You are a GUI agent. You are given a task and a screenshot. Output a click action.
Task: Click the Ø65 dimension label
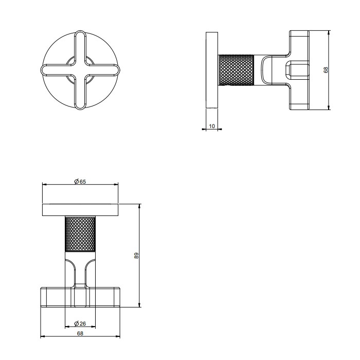[x=80, y=181]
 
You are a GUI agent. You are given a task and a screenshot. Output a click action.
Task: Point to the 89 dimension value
[x=137, y=256]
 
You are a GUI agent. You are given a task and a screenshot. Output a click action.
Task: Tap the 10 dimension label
[x=212, y=126]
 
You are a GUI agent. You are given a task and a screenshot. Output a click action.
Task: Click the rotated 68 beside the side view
[x=326, y=70]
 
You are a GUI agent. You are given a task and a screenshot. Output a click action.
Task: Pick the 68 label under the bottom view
[x=80, y=334]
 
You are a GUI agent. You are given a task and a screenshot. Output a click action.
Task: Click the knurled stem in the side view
[x=237, y=70]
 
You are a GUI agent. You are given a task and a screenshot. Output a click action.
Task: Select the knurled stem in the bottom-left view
[x=80, y=234]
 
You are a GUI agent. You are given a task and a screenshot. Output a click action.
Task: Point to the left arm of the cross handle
[x=53, y=70]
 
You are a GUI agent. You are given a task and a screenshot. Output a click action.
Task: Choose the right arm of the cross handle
[x=107, y=70]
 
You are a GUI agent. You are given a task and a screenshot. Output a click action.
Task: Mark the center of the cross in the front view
[x=80, y=70]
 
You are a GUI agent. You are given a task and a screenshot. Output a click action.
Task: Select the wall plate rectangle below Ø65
[x=80, y=210]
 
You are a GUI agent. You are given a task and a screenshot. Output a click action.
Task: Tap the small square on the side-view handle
[x=298, y=70]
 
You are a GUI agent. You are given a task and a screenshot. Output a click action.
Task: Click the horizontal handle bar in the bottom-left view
[x=80, y=297]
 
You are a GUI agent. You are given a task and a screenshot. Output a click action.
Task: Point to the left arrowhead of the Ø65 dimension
[x=44, y=185]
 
